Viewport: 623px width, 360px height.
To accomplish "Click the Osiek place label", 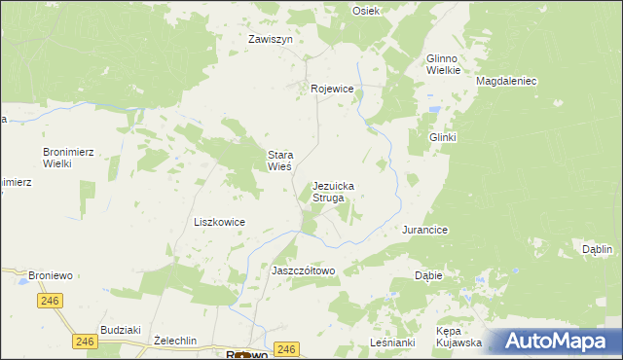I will (x=366, y=10).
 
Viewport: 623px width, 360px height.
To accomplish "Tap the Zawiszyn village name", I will (x=270, y=40).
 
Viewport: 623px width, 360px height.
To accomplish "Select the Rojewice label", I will (x=332, y=89).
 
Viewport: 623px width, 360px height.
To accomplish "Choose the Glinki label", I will (x=443, y=138).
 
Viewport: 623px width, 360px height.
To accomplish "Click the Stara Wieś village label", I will (x=280, y=161).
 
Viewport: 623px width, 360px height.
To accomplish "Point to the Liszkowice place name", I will (x=219, y=222).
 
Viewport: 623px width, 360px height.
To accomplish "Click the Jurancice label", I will (x=424, y=230).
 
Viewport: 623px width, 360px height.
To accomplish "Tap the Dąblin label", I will (x=596, y=249).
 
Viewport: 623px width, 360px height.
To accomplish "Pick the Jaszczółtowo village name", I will (x=303, y=270).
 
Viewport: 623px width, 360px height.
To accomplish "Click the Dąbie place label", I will (x=428, y=275).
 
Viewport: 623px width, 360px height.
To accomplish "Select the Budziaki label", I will (x=122, y=330).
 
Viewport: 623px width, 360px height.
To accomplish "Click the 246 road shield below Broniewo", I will (x=52, y=302).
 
